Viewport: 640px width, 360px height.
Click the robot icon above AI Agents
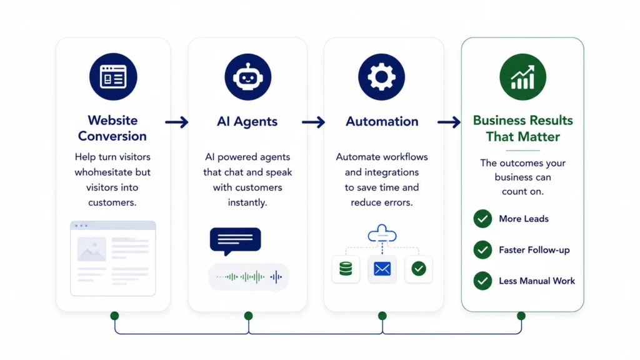point(247,77)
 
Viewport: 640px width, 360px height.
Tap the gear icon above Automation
point(382,77)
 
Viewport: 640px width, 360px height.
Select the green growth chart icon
point(523,77)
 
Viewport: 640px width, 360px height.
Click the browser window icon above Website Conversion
point(113,77)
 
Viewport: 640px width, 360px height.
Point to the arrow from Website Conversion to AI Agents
point(177,122)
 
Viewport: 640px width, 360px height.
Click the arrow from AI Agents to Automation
point(314,122)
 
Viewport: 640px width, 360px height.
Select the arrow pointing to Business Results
point(449,122)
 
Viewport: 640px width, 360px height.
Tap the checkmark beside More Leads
point(482,219)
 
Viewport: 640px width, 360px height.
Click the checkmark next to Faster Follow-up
point(482,250)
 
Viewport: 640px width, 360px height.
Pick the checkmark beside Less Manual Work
point(482,281)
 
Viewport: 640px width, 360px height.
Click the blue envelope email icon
point(382,269)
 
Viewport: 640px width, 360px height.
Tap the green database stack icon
point(346,269)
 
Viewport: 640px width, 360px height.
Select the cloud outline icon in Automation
point(382,233)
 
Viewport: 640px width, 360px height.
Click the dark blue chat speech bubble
point(235,241)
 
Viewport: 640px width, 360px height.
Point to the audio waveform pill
point(249,277)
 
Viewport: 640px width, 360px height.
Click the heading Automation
point(382,121)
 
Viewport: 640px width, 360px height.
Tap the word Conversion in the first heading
point(112,136)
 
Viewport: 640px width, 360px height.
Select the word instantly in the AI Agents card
point(247,202)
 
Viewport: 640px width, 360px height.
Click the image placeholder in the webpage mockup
point(92,249)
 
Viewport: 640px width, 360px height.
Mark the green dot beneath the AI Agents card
point(248,316)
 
